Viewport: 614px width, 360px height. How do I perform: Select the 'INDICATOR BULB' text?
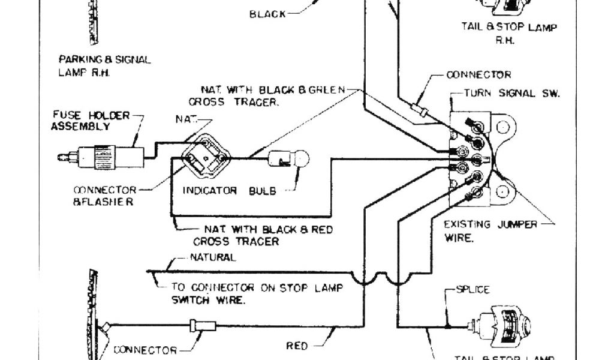click(230, 191)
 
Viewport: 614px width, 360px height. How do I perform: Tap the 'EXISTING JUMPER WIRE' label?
click(483, 230)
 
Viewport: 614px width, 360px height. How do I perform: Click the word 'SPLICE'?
click(473, 289)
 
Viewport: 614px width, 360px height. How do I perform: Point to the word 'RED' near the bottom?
click(297, 346)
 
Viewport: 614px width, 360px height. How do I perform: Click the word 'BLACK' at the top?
click(267, 14)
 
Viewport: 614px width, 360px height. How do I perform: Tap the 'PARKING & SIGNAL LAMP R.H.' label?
click(104, 65)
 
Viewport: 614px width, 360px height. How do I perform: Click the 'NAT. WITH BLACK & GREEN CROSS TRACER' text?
click(266, 95)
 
